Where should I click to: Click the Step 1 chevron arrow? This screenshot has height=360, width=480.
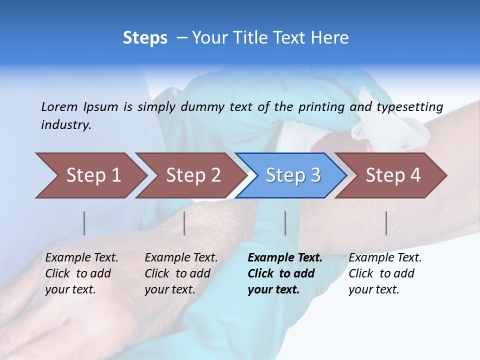coord(92,175)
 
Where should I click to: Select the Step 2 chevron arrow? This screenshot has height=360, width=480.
coord(192,175)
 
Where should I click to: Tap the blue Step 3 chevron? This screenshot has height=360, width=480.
coord(292,175)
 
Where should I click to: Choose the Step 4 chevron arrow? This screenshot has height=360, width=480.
coord(392,175)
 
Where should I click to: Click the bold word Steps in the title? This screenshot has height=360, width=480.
coord(145,38)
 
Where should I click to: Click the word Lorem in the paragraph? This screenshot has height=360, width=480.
coord(59,106)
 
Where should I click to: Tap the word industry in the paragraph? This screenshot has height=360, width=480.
coord(66,124)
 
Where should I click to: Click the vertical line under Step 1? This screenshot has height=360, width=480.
coord(84,223)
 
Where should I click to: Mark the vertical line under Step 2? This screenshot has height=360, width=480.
coord(184,223)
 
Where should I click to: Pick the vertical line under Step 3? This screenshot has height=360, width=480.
coord(285,223)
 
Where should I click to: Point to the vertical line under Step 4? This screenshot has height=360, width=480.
coord(386,223)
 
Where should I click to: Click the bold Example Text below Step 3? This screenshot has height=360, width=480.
coord(285,257)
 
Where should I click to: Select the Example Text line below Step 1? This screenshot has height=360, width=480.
coord(81,257)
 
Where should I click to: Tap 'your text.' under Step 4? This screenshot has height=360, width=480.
coord(373,289)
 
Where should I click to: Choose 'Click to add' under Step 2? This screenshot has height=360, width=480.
coord(177,273)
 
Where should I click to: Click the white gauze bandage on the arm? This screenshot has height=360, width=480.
coord(390,120)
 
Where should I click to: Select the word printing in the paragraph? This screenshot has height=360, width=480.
coord(321,106)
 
